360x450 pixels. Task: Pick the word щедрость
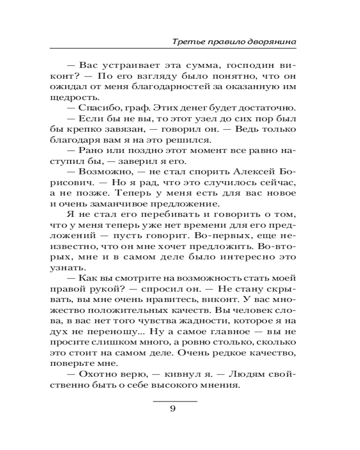click(x=80, y=98)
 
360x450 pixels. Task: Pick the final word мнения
click(x=217, y=385)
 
